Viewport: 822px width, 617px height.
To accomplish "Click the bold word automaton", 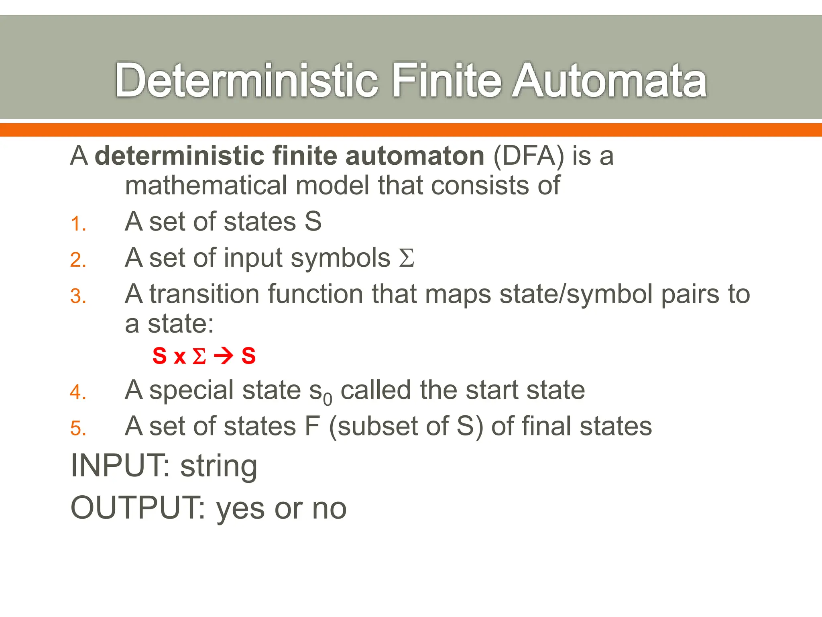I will click(415, 156).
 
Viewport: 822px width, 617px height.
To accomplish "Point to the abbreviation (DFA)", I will click(529, 156).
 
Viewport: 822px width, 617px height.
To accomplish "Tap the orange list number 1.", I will click(78, 224).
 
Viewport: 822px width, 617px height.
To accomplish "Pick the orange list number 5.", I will click(78, 428).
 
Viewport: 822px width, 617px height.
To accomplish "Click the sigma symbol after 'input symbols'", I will click(407, 258).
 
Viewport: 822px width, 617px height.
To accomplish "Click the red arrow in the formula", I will click(224, 356).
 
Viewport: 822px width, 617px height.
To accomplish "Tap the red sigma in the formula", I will click(199, 356).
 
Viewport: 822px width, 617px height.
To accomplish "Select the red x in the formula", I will click(179, 357).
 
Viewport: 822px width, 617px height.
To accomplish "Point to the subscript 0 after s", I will click(328, 399).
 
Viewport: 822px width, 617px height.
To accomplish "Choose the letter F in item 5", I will click(312, 426).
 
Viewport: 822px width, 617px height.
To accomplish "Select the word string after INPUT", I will click(218, 467).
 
